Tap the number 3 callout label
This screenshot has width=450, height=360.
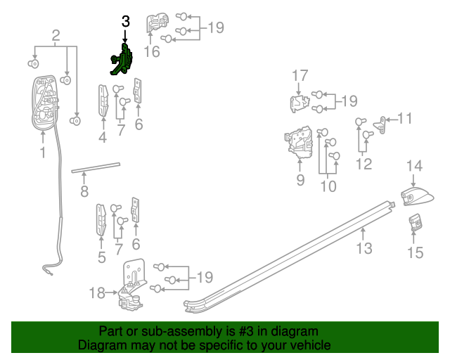[x=125, y=22]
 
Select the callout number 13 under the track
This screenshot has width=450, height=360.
[x=364, y=247]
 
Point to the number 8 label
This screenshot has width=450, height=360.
[x=84, y=191]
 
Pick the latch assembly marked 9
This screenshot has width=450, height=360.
[x=299, y=141]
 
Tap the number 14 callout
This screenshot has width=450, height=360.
[x=414, y=166]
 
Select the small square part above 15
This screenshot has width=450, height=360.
[x=416, y=223]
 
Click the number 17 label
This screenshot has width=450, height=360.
[x=300, y=75]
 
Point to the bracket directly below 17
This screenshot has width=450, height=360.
[x=300, y=104]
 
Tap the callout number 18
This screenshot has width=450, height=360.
[x=97, y=292]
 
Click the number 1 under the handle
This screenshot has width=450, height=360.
[x=42, y=152]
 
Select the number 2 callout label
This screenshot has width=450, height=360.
[x=56, y=34]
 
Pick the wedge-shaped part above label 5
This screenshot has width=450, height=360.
[x=101, y=219]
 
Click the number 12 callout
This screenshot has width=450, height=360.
[x=364, y=165]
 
